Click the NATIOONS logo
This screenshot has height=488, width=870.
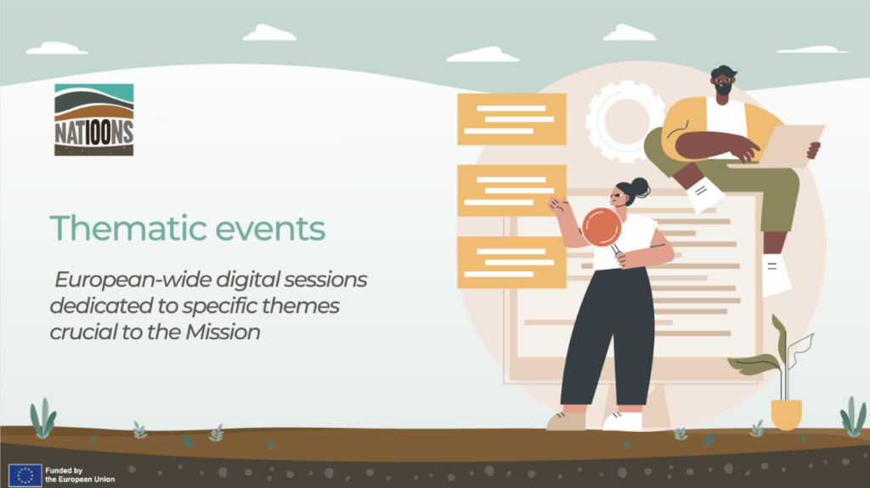point(93,119)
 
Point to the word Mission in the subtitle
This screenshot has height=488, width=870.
point(223,332)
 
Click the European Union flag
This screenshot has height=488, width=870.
point(25,475)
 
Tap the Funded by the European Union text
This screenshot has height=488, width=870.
point(80,475)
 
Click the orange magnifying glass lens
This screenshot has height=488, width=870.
point(602,226)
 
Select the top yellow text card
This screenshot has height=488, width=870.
point(511,119)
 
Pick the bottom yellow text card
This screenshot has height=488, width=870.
point(511,262)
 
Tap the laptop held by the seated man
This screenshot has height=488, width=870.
point(780,146)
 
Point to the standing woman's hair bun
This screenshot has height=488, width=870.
point(641,188)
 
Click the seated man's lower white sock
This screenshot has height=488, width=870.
point(775,275)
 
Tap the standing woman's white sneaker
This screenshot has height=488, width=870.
point(622,422)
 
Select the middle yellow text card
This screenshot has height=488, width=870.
point(511,190)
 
